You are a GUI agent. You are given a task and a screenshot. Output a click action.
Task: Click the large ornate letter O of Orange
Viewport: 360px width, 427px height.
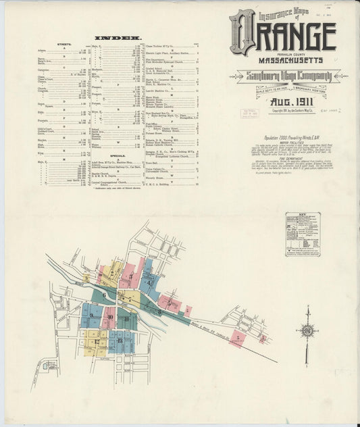point(242,32)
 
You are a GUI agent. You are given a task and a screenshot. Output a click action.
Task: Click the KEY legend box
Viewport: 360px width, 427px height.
point(302,234)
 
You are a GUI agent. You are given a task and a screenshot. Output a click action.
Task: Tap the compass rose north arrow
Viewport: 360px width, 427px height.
point(307,331)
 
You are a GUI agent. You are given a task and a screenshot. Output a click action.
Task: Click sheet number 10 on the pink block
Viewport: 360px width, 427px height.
point(109,316)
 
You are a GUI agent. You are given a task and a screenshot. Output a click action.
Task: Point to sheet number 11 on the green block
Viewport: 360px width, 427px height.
point(126,318)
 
